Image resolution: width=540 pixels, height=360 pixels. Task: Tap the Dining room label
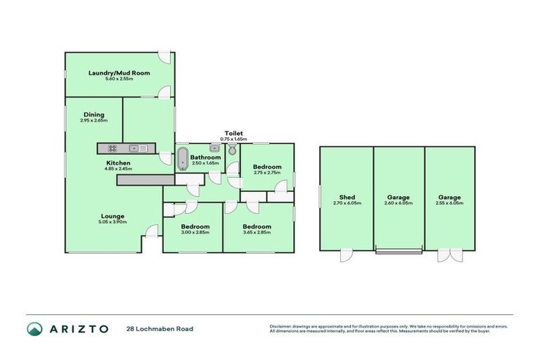tap(94, 115)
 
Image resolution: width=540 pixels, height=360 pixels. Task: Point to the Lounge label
tap(112, 216)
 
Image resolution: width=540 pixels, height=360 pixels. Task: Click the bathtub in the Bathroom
tap(182, 158)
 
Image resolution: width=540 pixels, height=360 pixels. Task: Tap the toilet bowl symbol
tap(231, 150)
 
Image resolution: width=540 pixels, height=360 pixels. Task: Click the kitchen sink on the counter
tap(137, 148)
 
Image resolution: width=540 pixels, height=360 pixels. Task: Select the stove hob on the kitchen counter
tap(110, 148)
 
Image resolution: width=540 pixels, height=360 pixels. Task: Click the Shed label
tap(347, 198)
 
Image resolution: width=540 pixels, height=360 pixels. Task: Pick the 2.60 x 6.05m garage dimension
tap(399, 204)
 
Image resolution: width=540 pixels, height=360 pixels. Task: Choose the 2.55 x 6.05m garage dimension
tap(450, 204)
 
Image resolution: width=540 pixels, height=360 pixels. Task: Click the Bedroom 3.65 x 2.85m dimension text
tap(257, 233)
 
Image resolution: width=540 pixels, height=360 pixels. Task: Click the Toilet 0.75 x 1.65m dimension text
tap(233, 139)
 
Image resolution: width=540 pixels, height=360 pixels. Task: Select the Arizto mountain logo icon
tap(34, 328)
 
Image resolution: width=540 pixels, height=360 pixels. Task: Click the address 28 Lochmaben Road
tap(160, 328)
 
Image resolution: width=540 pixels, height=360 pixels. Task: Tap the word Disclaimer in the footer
tap(281, 326)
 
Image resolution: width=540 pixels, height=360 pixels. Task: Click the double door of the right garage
tap(450, 255)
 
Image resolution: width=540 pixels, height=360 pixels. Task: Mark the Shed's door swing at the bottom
tap(347, 255)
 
